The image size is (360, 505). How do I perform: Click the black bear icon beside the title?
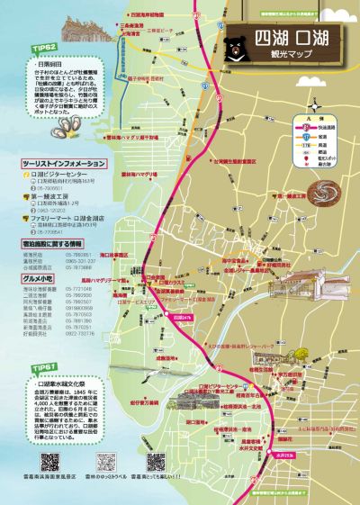pyautogui.click(x=236, y=41)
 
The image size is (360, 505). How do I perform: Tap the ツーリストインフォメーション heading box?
pyautogui.click(x=64, y=164)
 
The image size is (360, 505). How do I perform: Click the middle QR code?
pyautogui.click(x=105, y=461)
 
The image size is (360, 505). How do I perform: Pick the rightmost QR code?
pyautogui.click(x=155, y=461)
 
